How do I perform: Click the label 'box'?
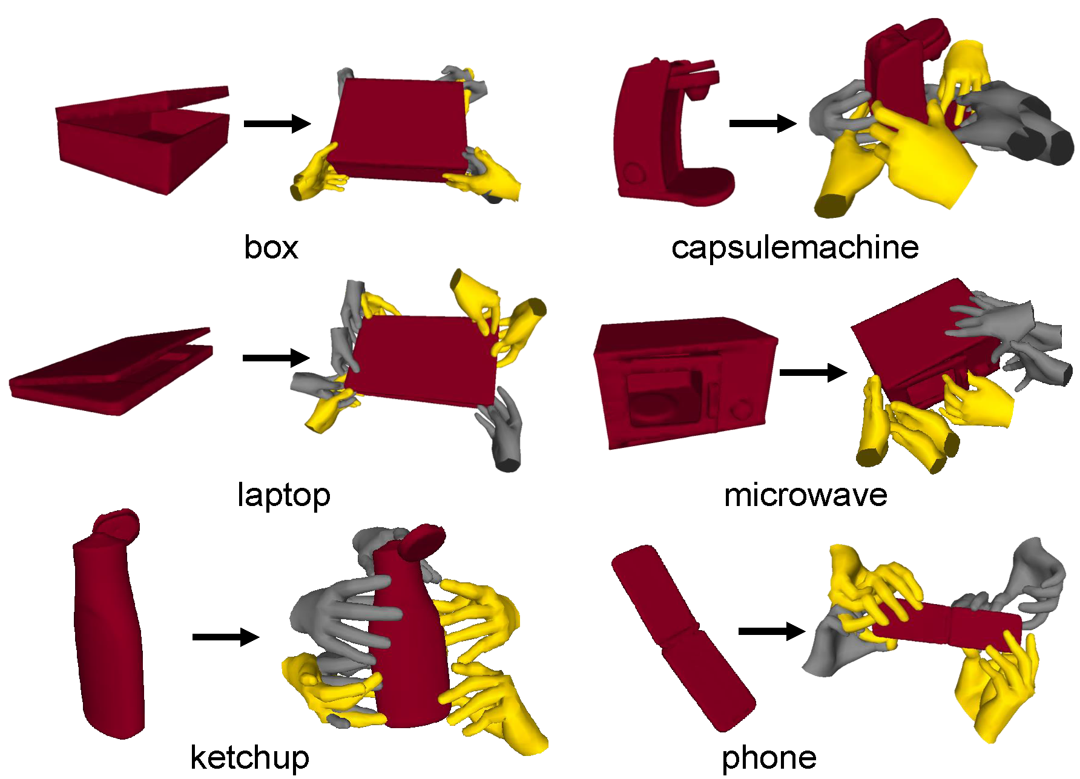[x=271, y=248]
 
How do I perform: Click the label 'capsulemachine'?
[x=794, y=248]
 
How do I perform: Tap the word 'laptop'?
[x=283, y=495]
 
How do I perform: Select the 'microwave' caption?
[x=805, y=495]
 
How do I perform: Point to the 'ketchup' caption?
[x=249, y=757]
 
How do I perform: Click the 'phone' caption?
[x=769, y=757]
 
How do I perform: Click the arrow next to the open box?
[x=277, y=123]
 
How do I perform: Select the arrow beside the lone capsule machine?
[x=762, y=123]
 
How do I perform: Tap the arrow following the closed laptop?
[x=275, y=358]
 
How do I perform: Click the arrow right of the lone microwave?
[x=812, y=372]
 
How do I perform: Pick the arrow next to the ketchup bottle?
[x=225, y=637]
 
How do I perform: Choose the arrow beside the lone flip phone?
[x=771, y=631]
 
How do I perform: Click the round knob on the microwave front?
[x=740, y=412]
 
